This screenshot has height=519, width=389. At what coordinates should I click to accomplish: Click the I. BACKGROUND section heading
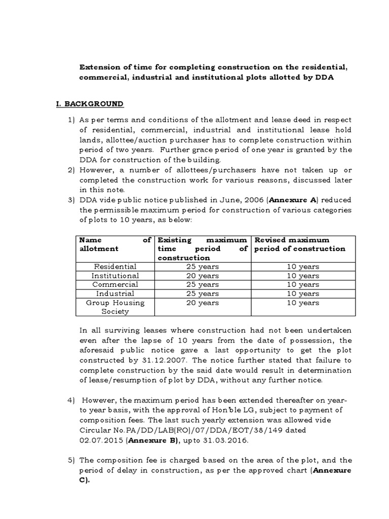tap(89, 103)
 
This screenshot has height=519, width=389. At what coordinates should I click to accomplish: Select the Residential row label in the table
tap(115, 266)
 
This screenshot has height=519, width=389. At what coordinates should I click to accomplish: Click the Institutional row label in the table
tap(115, 275)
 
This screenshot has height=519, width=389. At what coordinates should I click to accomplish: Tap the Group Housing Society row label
tap(115, 307)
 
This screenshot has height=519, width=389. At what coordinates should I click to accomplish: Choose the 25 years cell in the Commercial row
tap(202, 284)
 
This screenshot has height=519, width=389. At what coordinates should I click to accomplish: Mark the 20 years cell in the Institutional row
tap(202, 275)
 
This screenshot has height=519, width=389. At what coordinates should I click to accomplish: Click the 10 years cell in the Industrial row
tap(302, 293)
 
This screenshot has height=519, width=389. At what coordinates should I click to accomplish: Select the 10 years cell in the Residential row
tap(302, 266)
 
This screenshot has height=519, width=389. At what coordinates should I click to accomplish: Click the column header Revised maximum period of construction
tap(300, 244)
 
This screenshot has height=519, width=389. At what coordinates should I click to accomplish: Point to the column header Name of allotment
tap(115, 244)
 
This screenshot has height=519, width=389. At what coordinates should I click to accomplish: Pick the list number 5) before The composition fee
tap(71, 460)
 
